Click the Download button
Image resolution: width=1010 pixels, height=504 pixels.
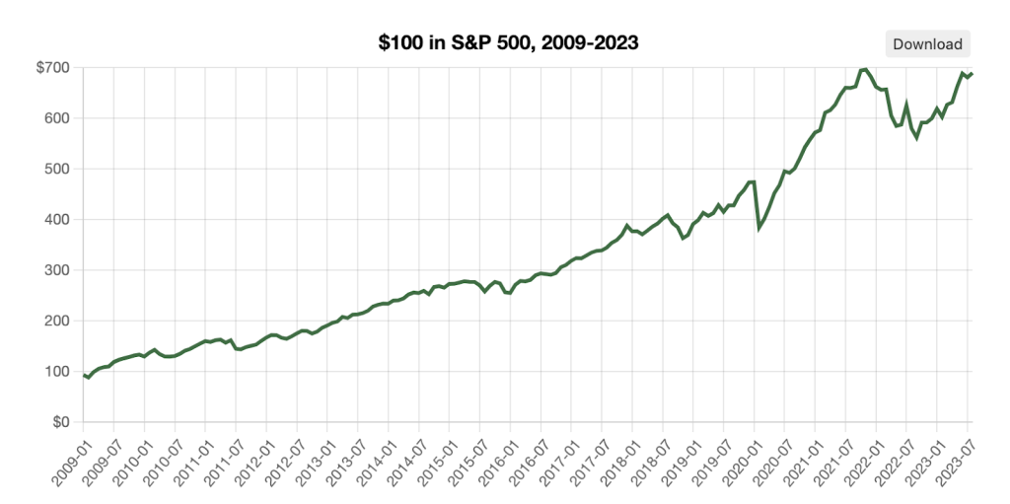[927, 43]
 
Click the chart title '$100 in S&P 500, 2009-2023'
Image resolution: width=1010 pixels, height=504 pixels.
[509, 42]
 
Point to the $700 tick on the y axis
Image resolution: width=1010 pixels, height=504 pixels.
[55, 68]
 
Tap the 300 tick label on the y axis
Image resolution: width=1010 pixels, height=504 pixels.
[57, 270]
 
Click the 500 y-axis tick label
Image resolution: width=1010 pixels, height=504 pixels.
[57, 169]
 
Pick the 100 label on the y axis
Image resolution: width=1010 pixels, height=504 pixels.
[57, 372]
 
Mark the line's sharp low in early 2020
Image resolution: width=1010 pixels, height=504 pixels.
[758, 228]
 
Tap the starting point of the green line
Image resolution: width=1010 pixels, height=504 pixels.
[84, 375]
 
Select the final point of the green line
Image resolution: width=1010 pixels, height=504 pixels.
[973, 73]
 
